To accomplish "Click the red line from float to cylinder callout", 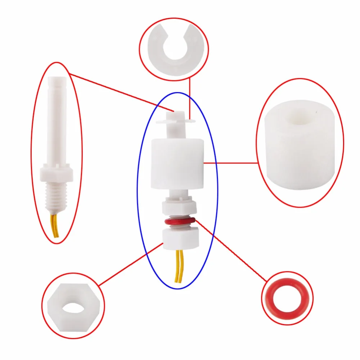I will pyautogui.click(x=230, y=163).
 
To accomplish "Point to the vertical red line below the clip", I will pyautogui.click(x=189, y=97).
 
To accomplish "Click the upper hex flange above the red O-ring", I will pyautogui.click(x=179, y=207).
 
